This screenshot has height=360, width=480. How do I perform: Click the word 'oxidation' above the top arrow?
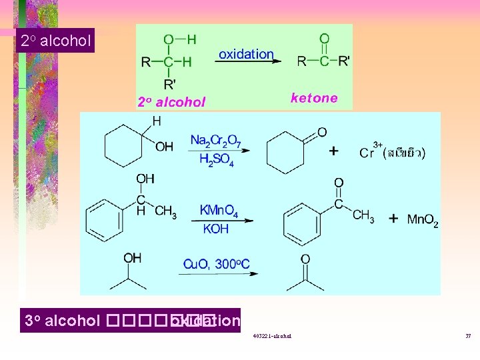[246, 54]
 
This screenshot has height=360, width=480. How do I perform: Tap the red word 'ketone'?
[314, 98]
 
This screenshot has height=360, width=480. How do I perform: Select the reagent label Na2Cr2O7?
[215, 140]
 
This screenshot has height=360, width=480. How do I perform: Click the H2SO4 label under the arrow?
[216, 160]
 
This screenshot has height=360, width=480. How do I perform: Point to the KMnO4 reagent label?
[219, 211]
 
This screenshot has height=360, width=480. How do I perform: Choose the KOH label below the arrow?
[215, 229]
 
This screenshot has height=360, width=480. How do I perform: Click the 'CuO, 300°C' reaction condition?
[217, 265]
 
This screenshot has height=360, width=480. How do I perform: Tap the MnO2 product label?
[423, 219]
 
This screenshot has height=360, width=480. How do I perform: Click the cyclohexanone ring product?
[287, 153]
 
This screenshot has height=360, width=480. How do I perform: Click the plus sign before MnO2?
[394, 218]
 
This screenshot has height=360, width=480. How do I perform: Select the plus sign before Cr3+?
[333, 151]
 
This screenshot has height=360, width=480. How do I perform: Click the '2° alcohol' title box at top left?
[55, 41]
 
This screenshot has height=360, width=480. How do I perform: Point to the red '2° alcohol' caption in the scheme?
[171, 102]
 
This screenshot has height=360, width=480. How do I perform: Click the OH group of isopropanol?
[132, 257]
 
